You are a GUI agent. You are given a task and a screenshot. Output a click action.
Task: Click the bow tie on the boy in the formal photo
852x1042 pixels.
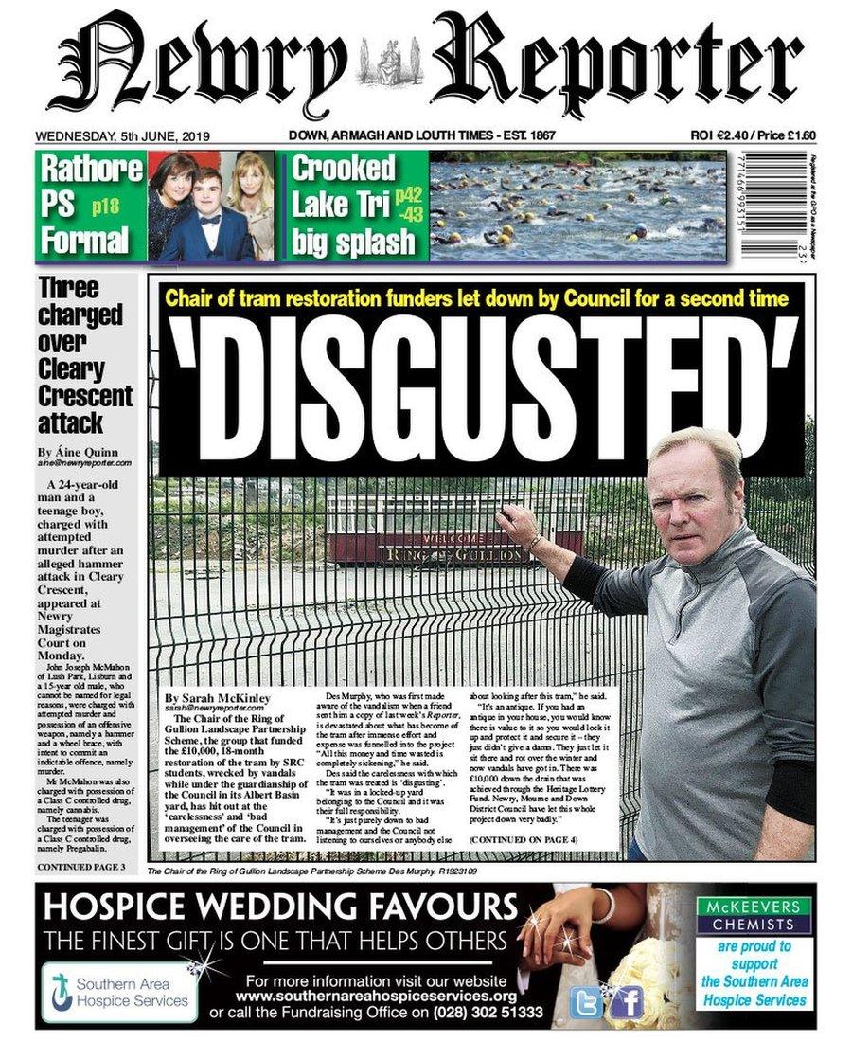[209, 220]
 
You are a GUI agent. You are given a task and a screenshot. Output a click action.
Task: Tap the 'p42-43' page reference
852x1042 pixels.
[409, 204]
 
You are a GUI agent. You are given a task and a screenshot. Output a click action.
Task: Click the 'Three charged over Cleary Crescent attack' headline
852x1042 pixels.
[85, 354]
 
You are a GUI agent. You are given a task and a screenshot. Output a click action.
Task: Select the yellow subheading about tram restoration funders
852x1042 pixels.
[476, 299]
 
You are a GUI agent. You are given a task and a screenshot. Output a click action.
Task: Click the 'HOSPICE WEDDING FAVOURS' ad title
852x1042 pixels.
[281, 907]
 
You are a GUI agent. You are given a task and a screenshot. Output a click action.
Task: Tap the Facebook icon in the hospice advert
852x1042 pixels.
[627, 1001]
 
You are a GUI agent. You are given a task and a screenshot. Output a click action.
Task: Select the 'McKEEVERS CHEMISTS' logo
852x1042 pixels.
[754, 916]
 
